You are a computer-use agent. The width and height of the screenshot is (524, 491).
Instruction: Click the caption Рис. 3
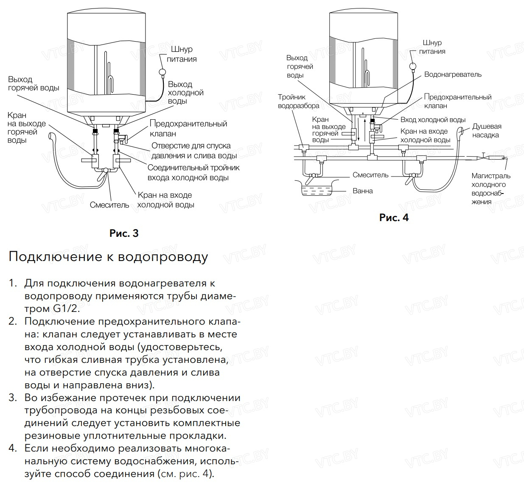(x=124, y=233)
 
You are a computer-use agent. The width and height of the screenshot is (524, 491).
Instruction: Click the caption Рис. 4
(x=394, y=218)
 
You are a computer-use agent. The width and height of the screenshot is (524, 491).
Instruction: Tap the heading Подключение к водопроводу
(x=108, y=257)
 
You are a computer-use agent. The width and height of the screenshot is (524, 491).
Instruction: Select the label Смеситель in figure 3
(x=109, y=205)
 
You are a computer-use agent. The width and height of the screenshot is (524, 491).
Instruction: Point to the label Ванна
(x=363, y=191)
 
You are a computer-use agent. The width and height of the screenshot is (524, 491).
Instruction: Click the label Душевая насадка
(x=487, y=131)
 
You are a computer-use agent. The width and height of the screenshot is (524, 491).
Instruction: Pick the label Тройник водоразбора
(x=298, y=101)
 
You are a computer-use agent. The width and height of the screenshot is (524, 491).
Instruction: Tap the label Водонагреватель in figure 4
(x=453, y=74)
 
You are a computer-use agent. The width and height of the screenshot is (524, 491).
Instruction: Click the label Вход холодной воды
(x=433, y=120)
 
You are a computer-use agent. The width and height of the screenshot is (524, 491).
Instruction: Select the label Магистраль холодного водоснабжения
(x=490, y=189)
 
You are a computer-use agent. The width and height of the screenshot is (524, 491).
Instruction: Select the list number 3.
(x=12, y=398)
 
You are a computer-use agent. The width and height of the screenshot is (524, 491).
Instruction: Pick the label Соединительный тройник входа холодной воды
(x=193, y=173)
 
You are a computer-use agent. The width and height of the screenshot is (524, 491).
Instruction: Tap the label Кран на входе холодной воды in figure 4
(x=425, y=136)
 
